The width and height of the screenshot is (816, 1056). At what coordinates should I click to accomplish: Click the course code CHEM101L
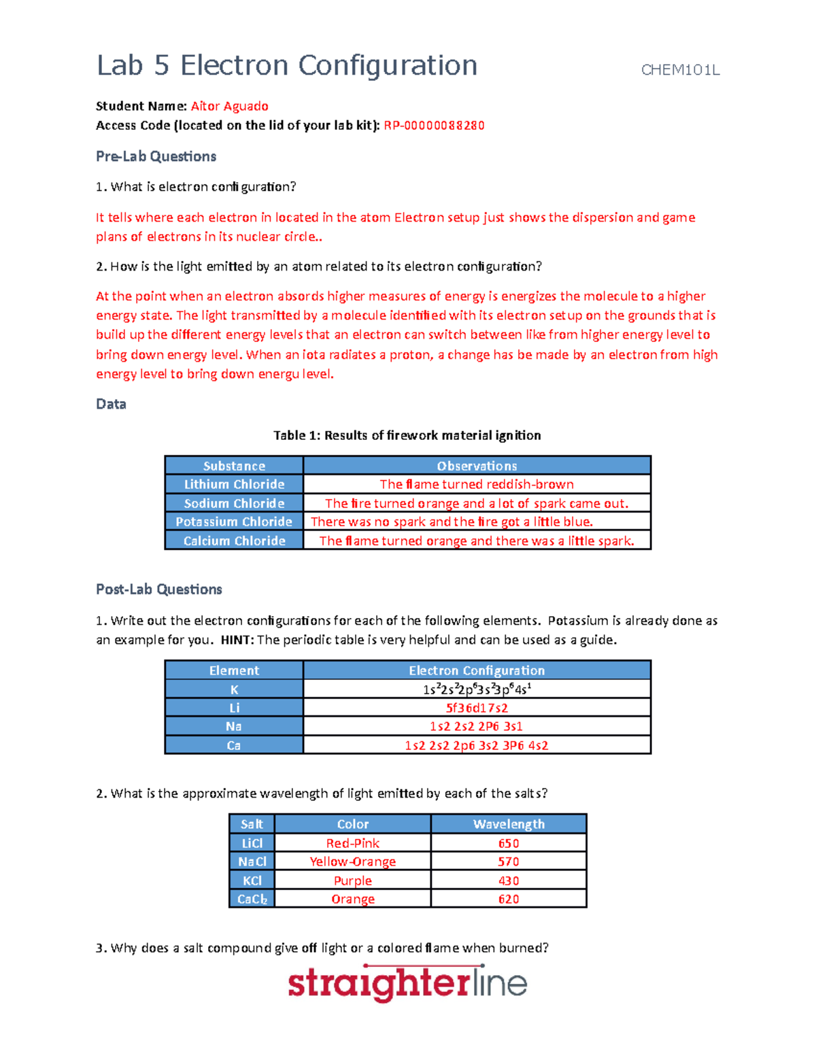tap(680, 70)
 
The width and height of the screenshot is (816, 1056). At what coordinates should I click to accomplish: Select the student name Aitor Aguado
tap(229, 106)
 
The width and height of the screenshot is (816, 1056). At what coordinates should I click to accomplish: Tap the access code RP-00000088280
tap(434, 125)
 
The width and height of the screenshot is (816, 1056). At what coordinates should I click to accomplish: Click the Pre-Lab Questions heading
tap(156, 156)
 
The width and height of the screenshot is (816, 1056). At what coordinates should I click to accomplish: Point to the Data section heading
tap(111, 404)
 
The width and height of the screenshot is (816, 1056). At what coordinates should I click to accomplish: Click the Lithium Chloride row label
tap(234, 484)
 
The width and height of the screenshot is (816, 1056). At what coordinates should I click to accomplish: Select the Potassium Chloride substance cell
tap(234, 522)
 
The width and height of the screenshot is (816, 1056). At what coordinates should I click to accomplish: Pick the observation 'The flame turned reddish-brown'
tap(476, 484)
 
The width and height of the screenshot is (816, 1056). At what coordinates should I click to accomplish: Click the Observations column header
tap(476, 466)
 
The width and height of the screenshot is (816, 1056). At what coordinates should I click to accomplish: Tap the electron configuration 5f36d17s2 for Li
tap(476, 708)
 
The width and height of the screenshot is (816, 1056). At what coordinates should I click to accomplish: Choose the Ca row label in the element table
tap(234, 745)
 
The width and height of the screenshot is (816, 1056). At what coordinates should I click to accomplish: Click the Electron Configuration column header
tap(476, 670)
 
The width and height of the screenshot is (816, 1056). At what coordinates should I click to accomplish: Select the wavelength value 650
tap(508, 843)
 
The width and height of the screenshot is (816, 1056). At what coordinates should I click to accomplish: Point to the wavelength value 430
tap(508, 881)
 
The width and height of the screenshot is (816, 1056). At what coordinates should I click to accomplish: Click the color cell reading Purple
tap(352, 881)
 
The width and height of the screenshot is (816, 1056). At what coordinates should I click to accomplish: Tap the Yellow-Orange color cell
tap(352, 862)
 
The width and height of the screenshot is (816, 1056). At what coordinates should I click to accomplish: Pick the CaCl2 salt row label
tap(252, 899)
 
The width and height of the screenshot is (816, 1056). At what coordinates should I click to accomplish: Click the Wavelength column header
tap(508, 824)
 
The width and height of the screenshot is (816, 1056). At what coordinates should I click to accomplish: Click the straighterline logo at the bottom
tap(407, 984)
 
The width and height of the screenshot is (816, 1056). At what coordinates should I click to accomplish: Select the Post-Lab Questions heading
tap(158, 590)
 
